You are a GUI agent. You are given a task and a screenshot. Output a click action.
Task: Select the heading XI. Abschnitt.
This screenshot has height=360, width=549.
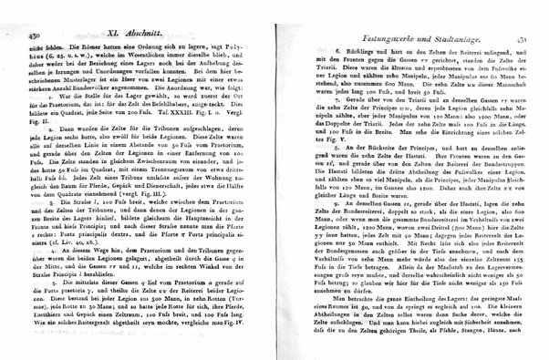point(113,29)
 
